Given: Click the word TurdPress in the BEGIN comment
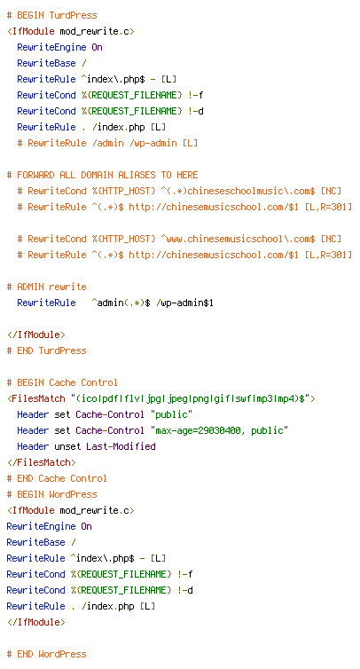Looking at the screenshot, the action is coord(73,15).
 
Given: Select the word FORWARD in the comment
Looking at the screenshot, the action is coord(35,176).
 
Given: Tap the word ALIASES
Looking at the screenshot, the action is coord(137,176).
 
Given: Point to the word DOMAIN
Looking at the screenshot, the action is coord(97,176).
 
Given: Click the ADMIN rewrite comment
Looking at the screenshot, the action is coord(46,287).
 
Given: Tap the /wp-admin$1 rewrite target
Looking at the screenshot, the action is coord(184,303).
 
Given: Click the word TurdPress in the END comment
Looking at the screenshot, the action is coord(62,350).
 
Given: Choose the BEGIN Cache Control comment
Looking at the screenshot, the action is coord(62,382).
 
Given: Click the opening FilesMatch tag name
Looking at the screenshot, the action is coord(38,399).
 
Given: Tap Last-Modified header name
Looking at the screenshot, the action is coord(121,446).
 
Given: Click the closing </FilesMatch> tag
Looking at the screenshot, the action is coord(42,462).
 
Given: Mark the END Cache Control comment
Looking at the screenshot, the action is coord(57,479).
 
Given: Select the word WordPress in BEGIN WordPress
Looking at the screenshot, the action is coord(73,494).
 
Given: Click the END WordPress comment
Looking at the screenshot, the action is coord(46,654).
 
